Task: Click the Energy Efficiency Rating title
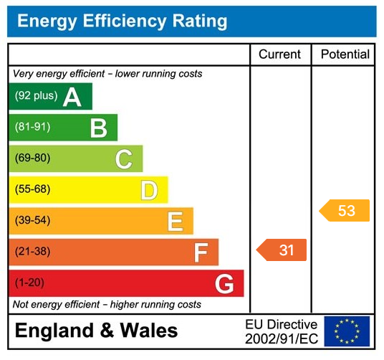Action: point(122,21)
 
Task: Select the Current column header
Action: point(280,55)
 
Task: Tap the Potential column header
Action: point(345,55)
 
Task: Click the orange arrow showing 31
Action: point(282,250)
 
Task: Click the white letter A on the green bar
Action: point(72,97)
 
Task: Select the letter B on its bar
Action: point(98,128)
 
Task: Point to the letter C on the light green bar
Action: point(124,159)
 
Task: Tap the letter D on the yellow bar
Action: point(149,191)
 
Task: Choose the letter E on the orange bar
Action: point(175,222)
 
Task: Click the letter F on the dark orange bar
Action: point(201,252)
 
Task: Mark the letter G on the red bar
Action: point(224,284)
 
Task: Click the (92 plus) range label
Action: point(36,96)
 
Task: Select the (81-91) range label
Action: point(32,128)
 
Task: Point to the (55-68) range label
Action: point(32,190)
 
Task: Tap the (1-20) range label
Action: point(29,283)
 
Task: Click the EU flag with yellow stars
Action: point(347,331)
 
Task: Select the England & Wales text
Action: point(96,331)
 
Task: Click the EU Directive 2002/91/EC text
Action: point(281,331)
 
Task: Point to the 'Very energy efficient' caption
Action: point(107,74)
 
